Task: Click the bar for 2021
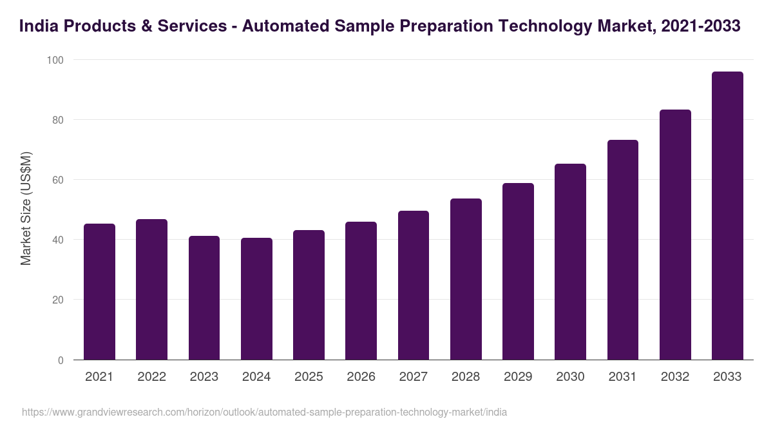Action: point(99,292)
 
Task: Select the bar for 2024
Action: point(256,299)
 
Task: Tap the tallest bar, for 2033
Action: point(727,216)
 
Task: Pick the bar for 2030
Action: point(570,262)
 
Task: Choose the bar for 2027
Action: point(413,285)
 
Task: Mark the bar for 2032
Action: point(675,235)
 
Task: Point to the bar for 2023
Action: point(204,298)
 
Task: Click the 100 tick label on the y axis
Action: point(55,60)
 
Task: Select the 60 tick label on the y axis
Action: point(58,180)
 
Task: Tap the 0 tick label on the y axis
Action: point(61,360)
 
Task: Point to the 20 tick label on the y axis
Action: point(58,300)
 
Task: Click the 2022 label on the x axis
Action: point(151,377)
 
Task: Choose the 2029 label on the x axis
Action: point(518,377)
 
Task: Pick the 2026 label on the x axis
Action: point(361,377)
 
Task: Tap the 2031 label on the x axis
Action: point(622,377)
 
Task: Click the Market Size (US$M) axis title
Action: point(26,209)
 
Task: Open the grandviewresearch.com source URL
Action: point(264,412)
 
